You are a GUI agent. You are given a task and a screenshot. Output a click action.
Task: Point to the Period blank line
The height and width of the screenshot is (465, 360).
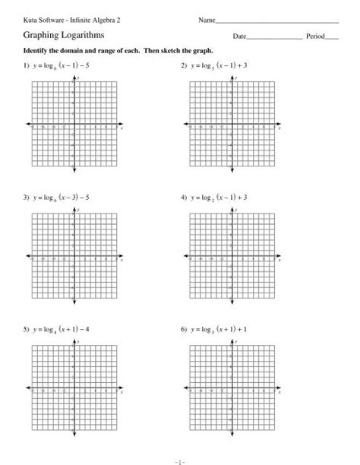coord(333,37)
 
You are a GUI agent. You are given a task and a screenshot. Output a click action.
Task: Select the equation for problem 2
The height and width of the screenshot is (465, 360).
coord(219,67)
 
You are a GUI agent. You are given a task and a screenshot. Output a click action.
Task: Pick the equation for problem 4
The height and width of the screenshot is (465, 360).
coord(219,198)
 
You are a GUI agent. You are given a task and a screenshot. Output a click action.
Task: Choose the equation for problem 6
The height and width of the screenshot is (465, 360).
coord(219,331)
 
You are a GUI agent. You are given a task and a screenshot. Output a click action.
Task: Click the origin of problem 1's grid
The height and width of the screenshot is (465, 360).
coord(74,128)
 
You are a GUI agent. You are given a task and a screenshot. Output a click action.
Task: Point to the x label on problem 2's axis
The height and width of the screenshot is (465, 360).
coord(278,128)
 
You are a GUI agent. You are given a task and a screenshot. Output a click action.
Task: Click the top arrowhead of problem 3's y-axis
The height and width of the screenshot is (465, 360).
coord(74,210)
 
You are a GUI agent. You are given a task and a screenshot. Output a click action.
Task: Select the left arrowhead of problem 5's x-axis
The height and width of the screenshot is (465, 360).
coord(27,389)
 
